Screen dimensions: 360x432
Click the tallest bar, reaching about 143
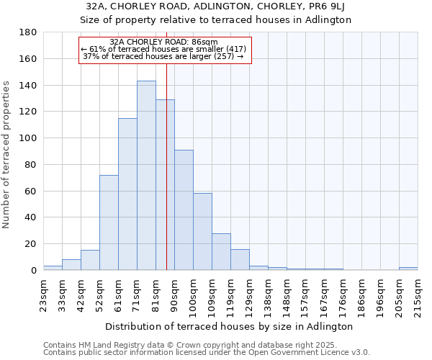coord(146,176)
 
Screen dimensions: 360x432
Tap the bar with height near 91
coord(184,210)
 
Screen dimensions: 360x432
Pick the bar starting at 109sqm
coord(221,251)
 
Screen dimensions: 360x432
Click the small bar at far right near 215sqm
coord(408,269)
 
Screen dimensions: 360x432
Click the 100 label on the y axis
coord(29,138)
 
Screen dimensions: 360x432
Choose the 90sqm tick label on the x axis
coord(174,294)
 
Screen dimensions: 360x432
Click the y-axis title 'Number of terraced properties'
coord(7,155)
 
